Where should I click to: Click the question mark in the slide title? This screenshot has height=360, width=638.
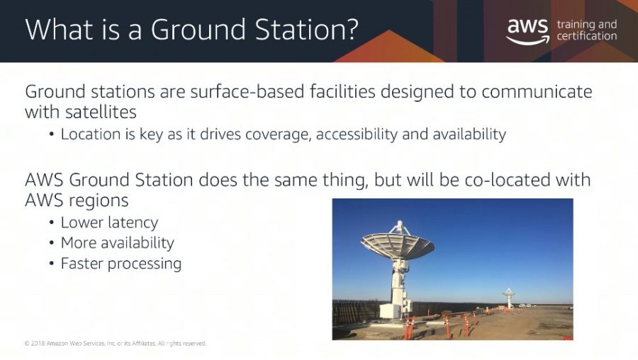coord(349,29)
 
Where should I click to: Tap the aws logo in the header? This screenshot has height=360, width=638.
coord(527,31)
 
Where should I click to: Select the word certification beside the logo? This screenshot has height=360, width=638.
coord(587,36)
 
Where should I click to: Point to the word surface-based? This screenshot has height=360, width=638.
coord(247,91)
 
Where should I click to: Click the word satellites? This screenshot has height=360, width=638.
coord(101,112)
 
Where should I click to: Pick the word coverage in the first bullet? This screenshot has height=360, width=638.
coord(279,134)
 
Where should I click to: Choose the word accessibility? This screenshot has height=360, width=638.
coord(357,134)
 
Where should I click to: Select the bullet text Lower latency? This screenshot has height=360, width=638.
coord(109,223)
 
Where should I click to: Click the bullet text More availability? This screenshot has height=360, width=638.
coord(117,243)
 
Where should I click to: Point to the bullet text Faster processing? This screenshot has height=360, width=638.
coord(121,264)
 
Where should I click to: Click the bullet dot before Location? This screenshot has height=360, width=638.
coord(51,134)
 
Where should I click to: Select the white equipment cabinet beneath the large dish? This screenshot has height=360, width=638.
coord(390,310)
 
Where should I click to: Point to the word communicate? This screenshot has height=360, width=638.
coord(537,91)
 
